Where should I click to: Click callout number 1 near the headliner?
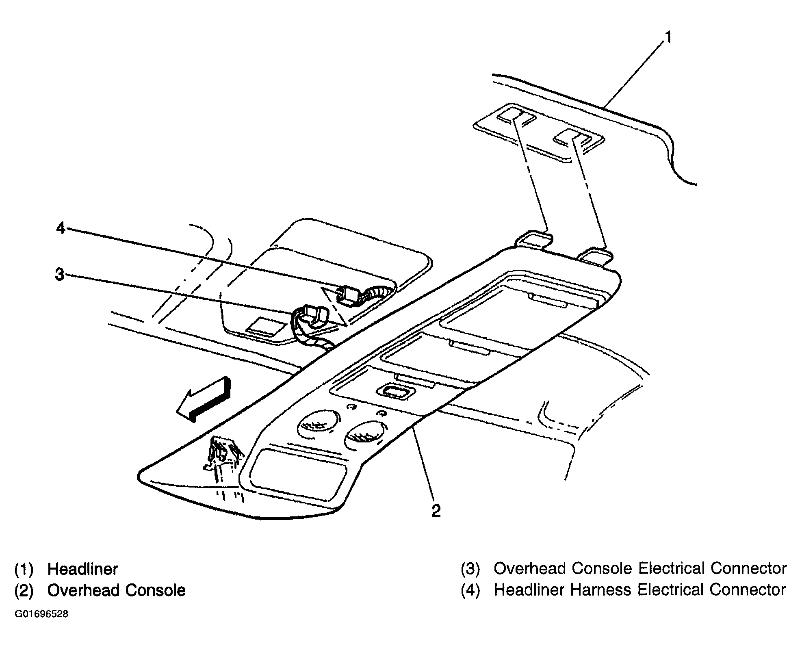point(667,38)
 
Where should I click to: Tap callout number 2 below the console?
point(436,511)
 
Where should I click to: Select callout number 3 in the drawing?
point(59,275)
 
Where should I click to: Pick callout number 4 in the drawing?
point(61,229)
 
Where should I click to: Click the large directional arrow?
point(204,401)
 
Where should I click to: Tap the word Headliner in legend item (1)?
point(82,569)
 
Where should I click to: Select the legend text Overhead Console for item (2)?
point(116,590)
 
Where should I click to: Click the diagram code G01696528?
point(41,614)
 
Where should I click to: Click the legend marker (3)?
point(470,569)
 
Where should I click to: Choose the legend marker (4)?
point(470,590)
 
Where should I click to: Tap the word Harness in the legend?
point(601,590)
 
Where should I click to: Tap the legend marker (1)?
point(24,569)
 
